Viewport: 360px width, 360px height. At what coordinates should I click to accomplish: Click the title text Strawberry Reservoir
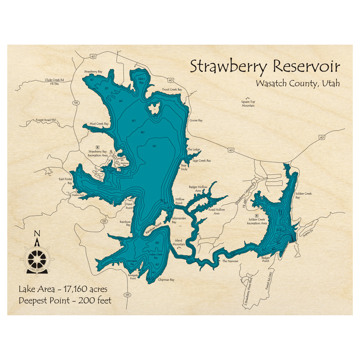tap(265, 67)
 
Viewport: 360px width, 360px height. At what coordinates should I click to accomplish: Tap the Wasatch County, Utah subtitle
tap(298, 84)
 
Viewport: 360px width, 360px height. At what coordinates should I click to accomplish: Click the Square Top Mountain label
tap(248, 104)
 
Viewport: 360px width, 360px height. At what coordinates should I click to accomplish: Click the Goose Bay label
tap(196, 120)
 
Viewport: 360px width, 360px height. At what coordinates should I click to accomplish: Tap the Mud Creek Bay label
tap(99, 124)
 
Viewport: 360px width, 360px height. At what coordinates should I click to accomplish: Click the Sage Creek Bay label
tap(202, 161)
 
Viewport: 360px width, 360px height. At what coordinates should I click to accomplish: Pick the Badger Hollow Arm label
tap(198, 189)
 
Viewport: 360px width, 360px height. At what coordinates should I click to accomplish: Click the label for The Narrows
tap(230, 261)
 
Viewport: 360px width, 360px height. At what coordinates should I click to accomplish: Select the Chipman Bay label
tap(166, 280)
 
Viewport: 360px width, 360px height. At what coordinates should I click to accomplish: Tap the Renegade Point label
tap(133, 277)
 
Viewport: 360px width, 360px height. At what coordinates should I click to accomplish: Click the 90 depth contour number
tap(154, 146)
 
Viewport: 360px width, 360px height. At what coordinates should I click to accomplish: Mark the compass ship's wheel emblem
tap(37, 258)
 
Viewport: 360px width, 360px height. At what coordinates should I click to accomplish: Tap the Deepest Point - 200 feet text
tap(65, 300)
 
